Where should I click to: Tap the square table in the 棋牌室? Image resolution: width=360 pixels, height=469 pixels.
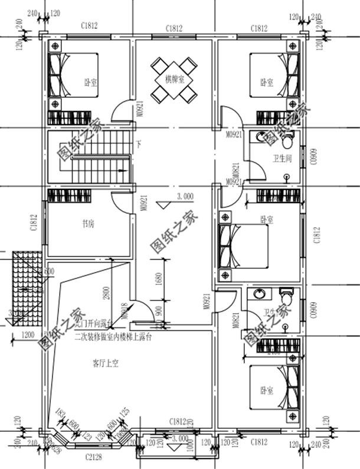(174, 79)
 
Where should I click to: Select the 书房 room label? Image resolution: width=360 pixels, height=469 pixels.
(89, 224)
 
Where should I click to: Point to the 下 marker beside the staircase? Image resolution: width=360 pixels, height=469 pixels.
(139, 143)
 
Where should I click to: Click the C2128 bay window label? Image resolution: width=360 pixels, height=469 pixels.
(93, 457)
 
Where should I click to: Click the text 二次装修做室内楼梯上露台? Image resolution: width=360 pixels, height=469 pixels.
(113, 338)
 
